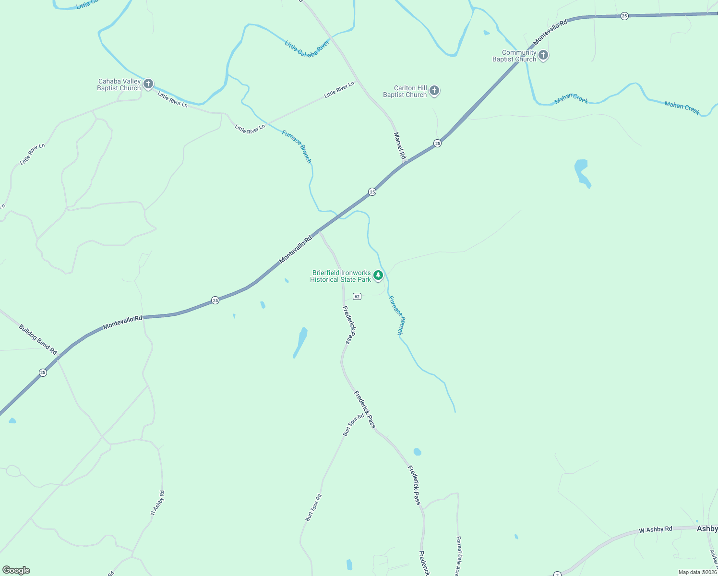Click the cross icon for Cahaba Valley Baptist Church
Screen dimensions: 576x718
tap(148, 84)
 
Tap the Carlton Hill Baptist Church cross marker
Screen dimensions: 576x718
tap(434, 91)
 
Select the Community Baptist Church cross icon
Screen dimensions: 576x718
tap(543, 55)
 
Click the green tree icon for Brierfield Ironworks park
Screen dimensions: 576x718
tap(378, 276)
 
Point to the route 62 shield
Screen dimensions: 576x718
tap(357, 297)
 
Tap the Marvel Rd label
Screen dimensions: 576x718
tap(400, 146)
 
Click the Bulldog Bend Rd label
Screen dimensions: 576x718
tap(38, 339)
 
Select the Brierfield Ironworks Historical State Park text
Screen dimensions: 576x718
tap(341, 276)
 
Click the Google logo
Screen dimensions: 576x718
tap(16, 570)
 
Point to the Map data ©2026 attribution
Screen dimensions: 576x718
tap(697, 572)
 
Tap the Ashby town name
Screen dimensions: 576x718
tap(707, 528)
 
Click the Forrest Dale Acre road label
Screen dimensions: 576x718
tap(459, 555)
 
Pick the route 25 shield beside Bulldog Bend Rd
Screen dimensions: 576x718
tap(43, 372)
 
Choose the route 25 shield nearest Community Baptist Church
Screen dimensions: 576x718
tap(624, 16)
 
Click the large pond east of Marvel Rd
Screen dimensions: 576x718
tap(582, 173)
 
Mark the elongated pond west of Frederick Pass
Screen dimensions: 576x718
tap(300, 341)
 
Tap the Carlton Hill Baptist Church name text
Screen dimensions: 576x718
tap(405, 91)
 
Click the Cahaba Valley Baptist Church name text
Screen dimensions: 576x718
tap(119, 84)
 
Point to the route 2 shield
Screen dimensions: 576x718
tap(557, 574)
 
